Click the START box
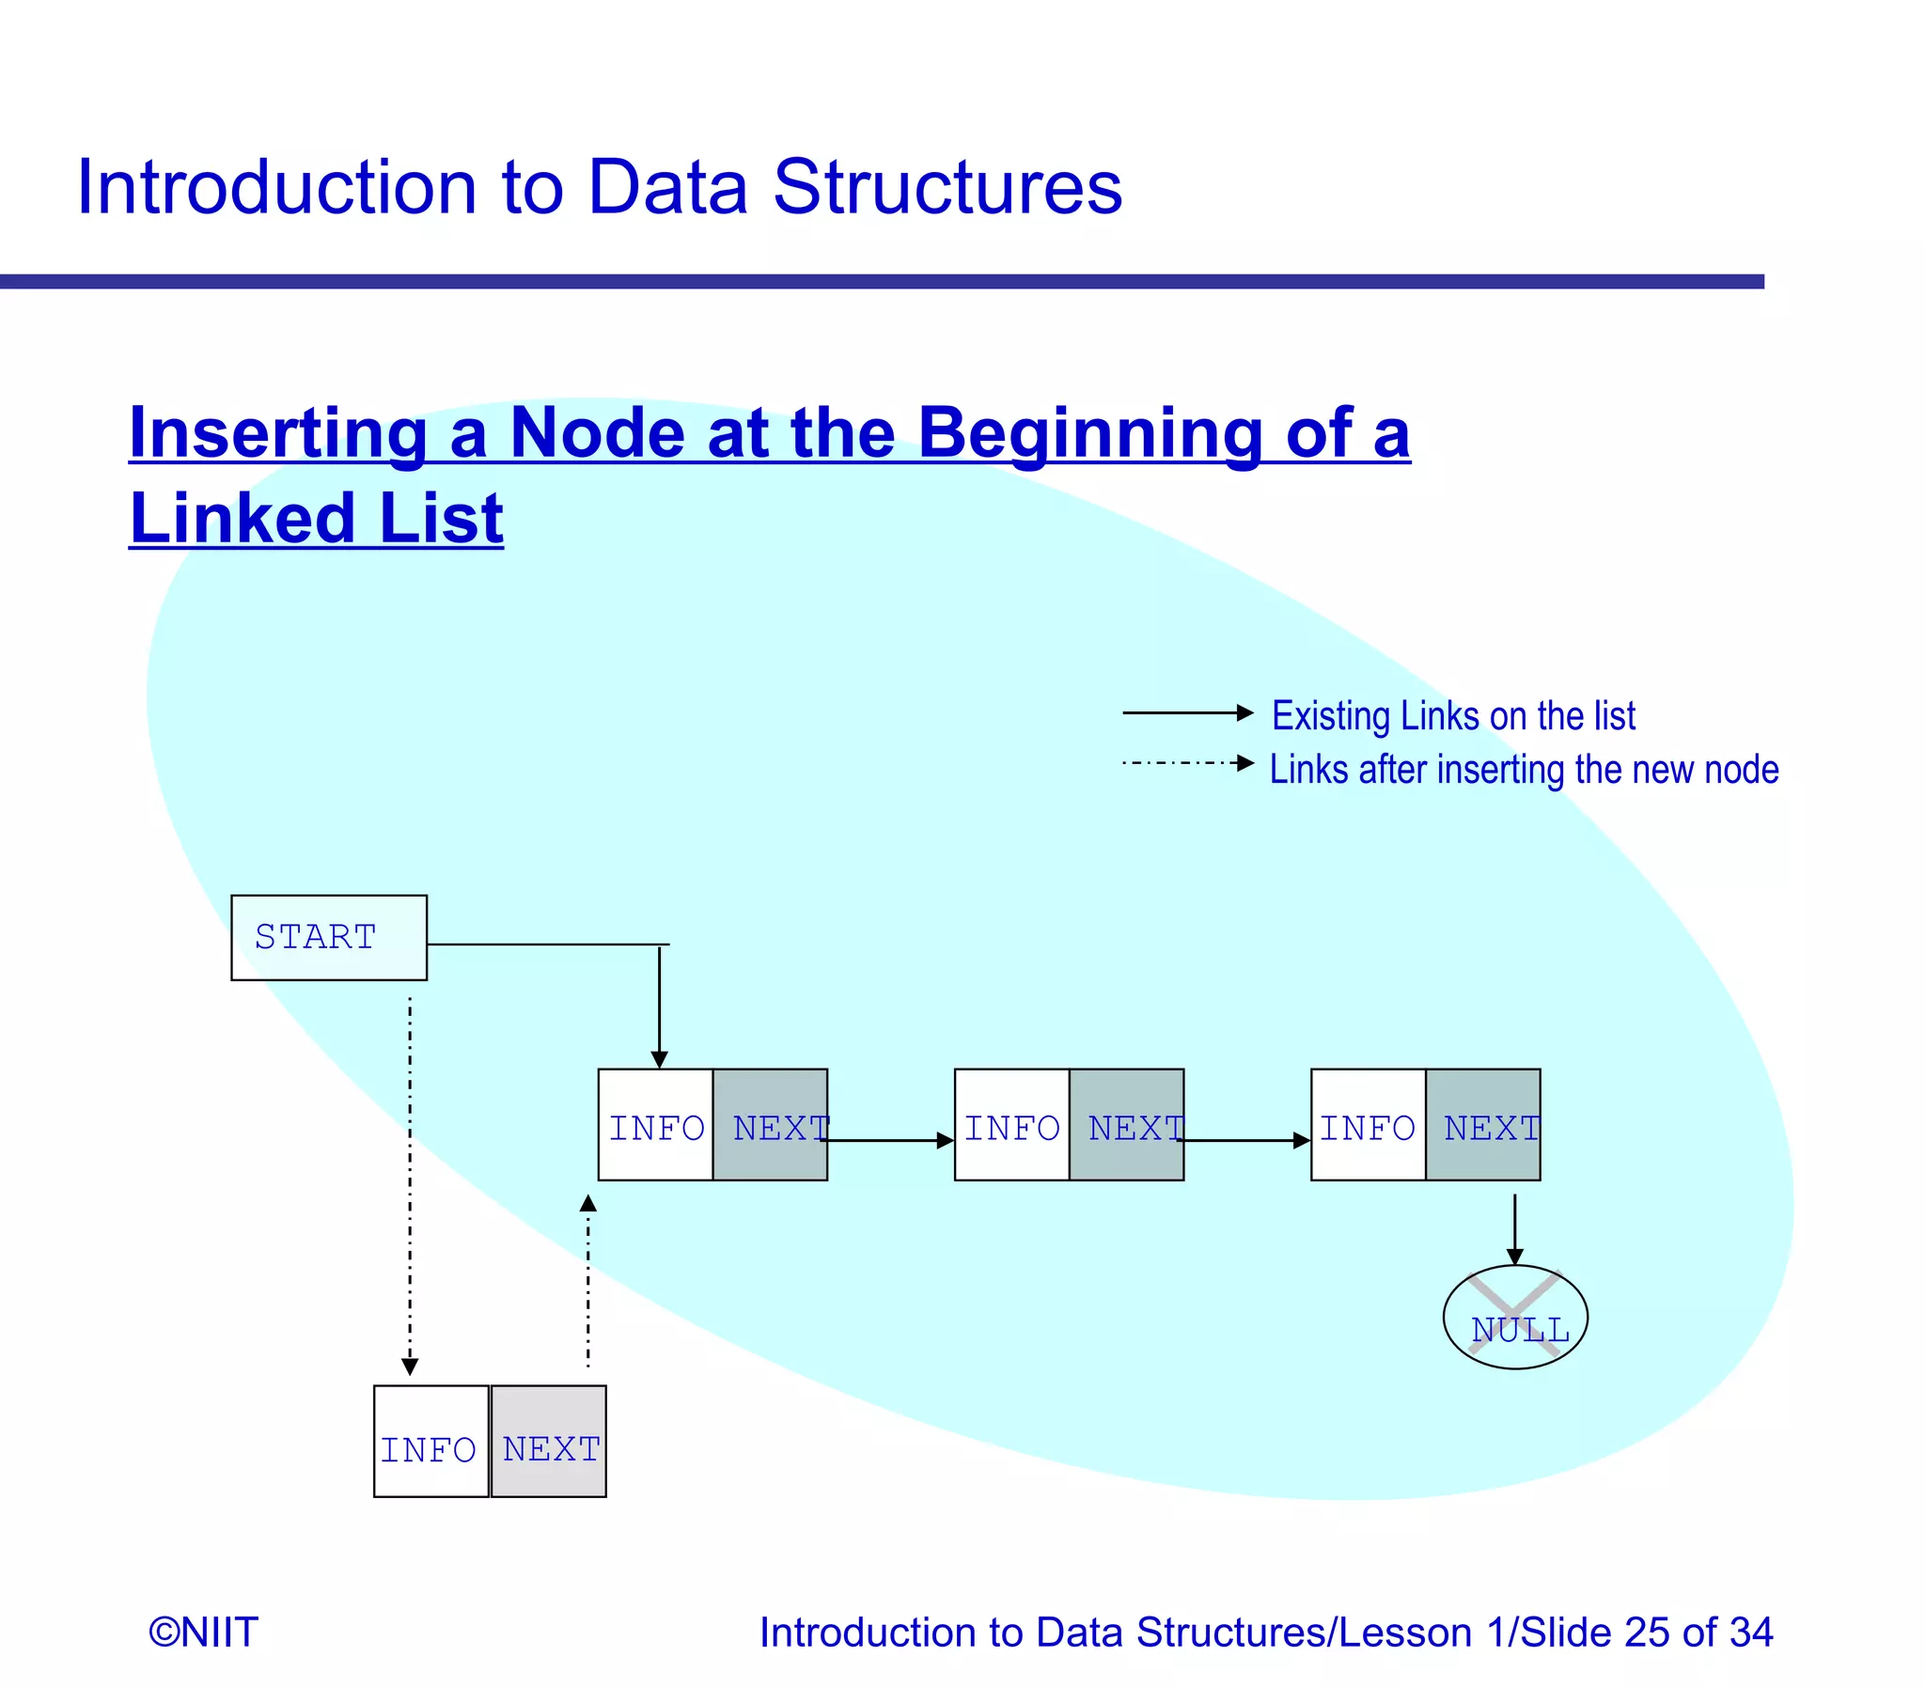(329, 938)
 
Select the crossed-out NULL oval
(1514, 1317)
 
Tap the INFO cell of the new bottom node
(431, 1442)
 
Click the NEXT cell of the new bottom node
(549, 1442)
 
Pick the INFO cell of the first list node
(656, 1125)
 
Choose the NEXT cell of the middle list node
(1127, 1125)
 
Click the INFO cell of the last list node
(1368, 1125)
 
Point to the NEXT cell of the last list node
(1483, 1125)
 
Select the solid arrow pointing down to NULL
(1514, 1228)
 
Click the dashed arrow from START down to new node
(410, 1186)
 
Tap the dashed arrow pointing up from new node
(588, 1280)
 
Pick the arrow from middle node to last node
(1245, 1141)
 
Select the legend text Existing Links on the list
(1452, 715)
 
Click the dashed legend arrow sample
(1187, 762)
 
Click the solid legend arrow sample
(1187, 712)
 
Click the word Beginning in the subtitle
(1089, 432)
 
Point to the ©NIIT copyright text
(203, 1632)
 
